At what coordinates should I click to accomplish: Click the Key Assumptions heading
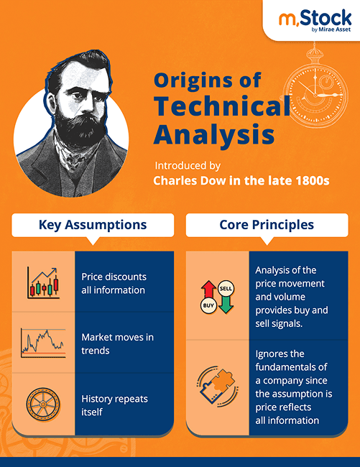pos(92,225)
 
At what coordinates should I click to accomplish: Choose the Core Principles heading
pos(267,225)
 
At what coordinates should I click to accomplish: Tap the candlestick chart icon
pos(43,282)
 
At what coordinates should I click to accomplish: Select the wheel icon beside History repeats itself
pos(42,403)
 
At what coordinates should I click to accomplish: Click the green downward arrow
pos(226,305)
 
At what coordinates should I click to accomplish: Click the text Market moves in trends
pos(117,343)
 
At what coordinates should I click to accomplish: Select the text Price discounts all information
pos(114,283)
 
